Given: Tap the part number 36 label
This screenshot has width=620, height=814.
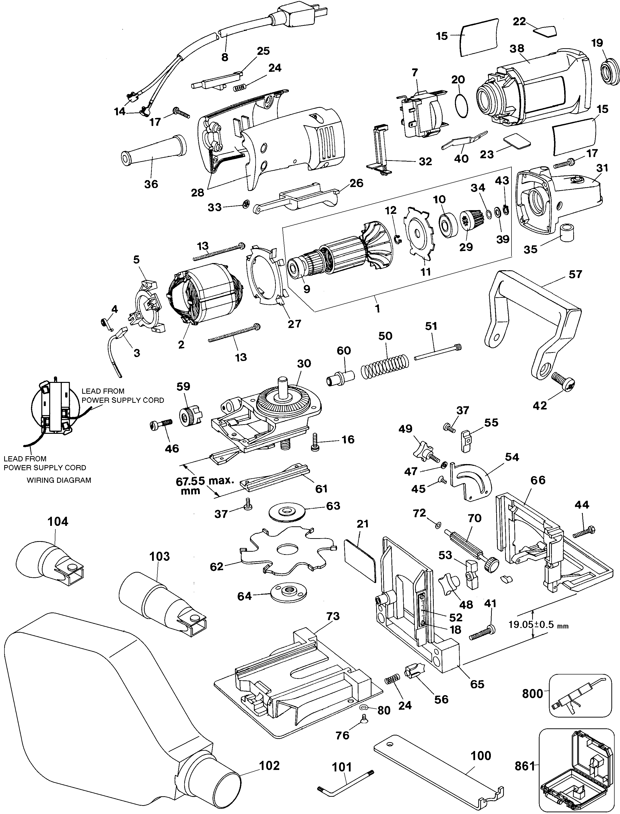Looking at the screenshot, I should (151, 184).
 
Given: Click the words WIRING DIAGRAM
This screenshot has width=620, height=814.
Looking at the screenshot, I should (59, 480).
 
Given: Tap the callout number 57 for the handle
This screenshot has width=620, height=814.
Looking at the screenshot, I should (575, 274).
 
